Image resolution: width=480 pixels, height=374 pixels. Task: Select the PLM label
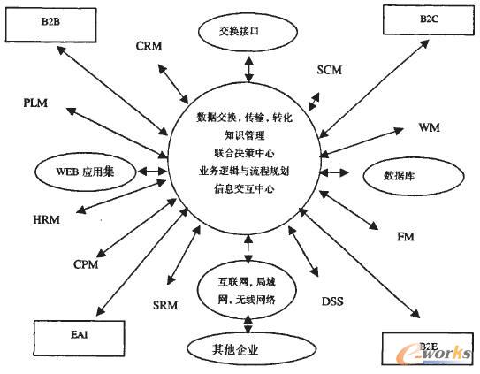(x=37, y=104)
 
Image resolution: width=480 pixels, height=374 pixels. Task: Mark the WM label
(x=428, y=128)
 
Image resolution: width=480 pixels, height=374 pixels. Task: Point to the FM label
(x=406, y=236)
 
